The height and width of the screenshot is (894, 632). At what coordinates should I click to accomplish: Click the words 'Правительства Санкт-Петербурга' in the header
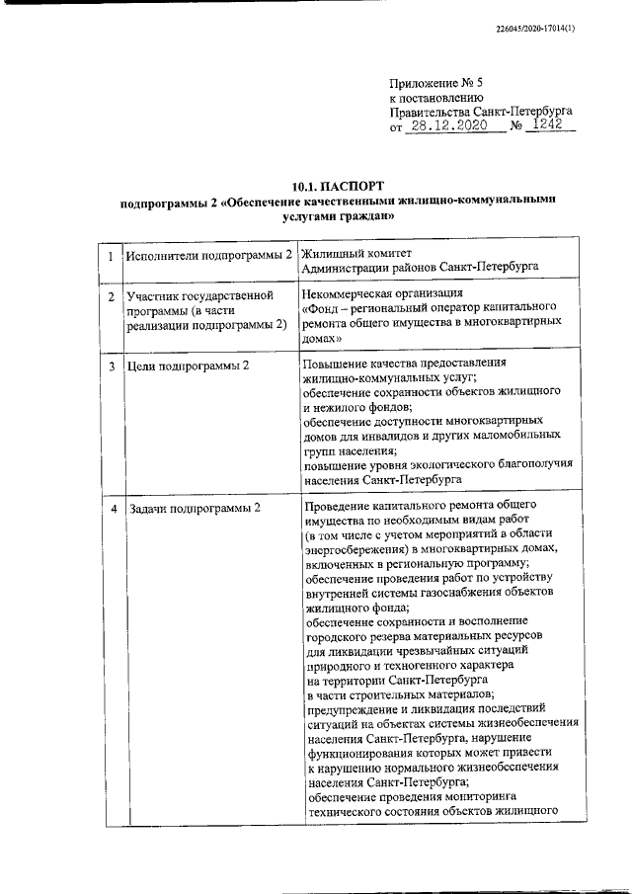click(x=480, y=113)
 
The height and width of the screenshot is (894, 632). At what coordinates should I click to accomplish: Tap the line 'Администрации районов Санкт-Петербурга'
click(x=420, y=268)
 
